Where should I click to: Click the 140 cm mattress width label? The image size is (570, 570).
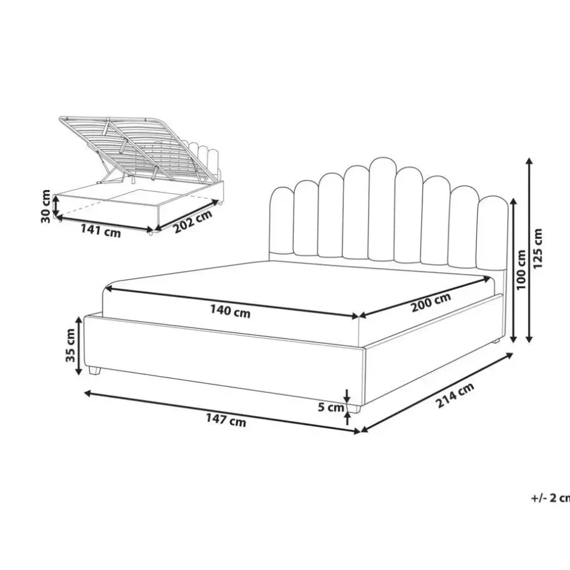click(230, 311)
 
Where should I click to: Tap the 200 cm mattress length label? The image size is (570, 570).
click(431, 302)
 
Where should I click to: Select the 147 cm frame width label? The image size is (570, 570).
click(226, 420)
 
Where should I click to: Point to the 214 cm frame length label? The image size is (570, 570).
click(455, 395)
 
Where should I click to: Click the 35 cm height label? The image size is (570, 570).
click(70, 345)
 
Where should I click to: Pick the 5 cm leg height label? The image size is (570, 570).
click(331, 407)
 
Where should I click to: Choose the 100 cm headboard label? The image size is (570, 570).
click(521, 269)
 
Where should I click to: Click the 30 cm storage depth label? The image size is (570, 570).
click(46, 206)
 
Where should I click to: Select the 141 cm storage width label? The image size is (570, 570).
click(101, 231)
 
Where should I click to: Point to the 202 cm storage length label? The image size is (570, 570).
click(193, 222)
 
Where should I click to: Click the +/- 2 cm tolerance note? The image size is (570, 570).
click(550, 498)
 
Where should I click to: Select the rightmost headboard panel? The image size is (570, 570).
click(493, 232)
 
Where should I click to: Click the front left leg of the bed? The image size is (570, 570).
click(94, 370)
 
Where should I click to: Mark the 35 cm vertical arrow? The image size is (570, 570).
click(79, 346)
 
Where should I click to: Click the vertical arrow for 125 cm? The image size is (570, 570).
click(529, 250)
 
